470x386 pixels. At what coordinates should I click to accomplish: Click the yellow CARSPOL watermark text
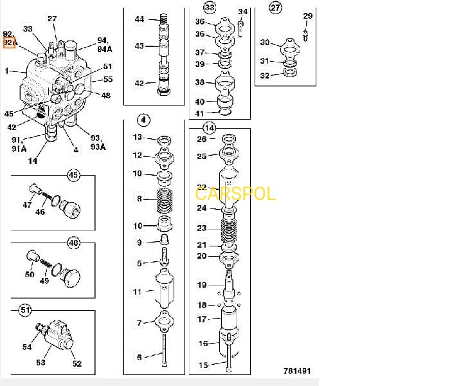[x=235, y=194]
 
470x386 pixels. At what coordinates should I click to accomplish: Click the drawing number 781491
[x=297, y=371]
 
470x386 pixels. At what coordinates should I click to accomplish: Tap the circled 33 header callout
[x=209, y=8]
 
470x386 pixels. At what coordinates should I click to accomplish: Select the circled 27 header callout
[x=275, y=8]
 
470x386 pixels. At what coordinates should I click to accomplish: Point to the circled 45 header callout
[x=73, y=175]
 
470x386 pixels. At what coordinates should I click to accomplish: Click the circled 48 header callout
[x=73, y=243]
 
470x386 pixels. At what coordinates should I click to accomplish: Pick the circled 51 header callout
[x=25, y=311]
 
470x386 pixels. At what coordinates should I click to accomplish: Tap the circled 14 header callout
[x=209, y=127]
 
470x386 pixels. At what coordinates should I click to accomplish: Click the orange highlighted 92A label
[x=9, y=42]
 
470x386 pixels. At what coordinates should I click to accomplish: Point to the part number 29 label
[x=307, y=15]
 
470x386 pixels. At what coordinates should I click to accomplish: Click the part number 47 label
[x=27, y=205]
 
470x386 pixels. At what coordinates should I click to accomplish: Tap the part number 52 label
[x=77, y=363]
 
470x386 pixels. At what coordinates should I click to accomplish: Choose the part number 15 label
[x=203, y=365]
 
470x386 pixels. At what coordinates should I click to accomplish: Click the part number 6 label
[x=138, y=357]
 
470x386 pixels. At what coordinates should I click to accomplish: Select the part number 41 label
[x=200, y=113]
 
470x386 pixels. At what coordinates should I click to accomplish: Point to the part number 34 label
[x=242, y=12]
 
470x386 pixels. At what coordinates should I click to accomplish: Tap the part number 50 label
[x=30, y=275]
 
